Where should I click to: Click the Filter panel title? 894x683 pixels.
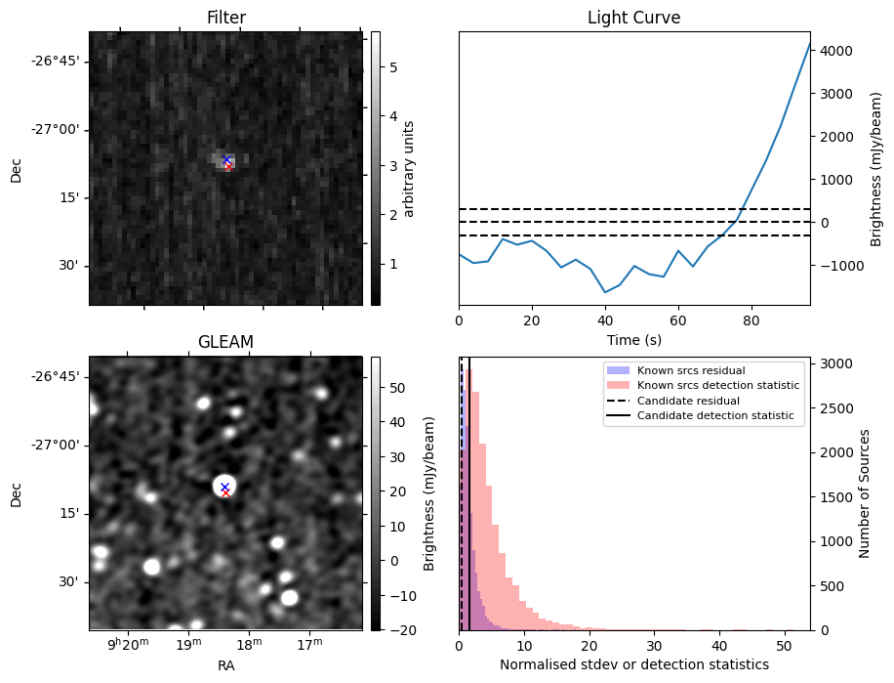click(225, 18)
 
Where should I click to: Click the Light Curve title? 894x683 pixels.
click(633, 18)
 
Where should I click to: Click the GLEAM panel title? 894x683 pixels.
click(225, 342)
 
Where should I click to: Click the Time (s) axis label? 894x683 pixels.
click(633, 338)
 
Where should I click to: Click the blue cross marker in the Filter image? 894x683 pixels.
click(226, 159)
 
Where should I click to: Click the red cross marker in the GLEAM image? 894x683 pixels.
click(225, 492)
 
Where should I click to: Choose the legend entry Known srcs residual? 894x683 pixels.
click(690, 370)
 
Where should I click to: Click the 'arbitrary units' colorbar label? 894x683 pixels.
click(410, 168)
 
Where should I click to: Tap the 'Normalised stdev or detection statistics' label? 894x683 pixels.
click(633, 664)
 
